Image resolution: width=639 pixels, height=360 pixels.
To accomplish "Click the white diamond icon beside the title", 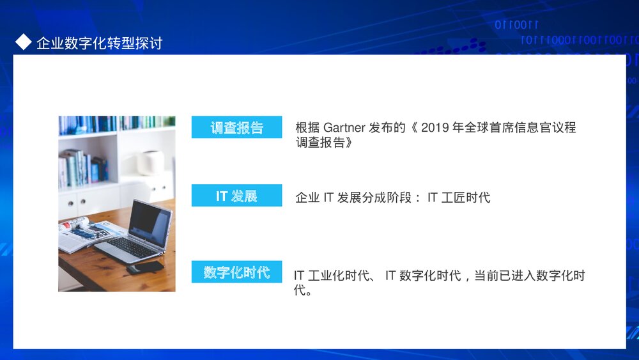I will (23, 42).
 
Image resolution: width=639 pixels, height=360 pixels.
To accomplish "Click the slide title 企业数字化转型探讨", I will (99, 43).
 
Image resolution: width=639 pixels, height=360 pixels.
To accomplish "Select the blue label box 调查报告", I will (236, 127).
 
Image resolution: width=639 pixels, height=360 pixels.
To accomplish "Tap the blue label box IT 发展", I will (236, 196).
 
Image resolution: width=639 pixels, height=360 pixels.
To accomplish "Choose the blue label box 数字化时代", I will (236, 272).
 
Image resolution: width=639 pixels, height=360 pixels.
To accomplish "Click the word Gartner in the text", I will (344, 128).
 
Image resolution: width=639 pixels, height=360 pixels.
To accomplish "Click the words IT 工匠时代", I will (458, 198).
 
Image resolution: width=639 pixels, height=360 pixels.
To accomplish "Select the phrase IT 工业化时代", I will (332, 276).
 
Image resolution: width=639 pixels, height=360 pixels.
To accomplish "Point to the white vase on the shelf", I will (151, 162).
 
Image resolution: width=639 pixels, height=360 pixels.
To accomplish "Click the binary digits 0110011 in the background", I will (516, 26).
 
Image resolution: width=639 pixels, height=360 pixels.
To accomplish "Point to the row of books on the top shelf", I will (115, 123).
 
